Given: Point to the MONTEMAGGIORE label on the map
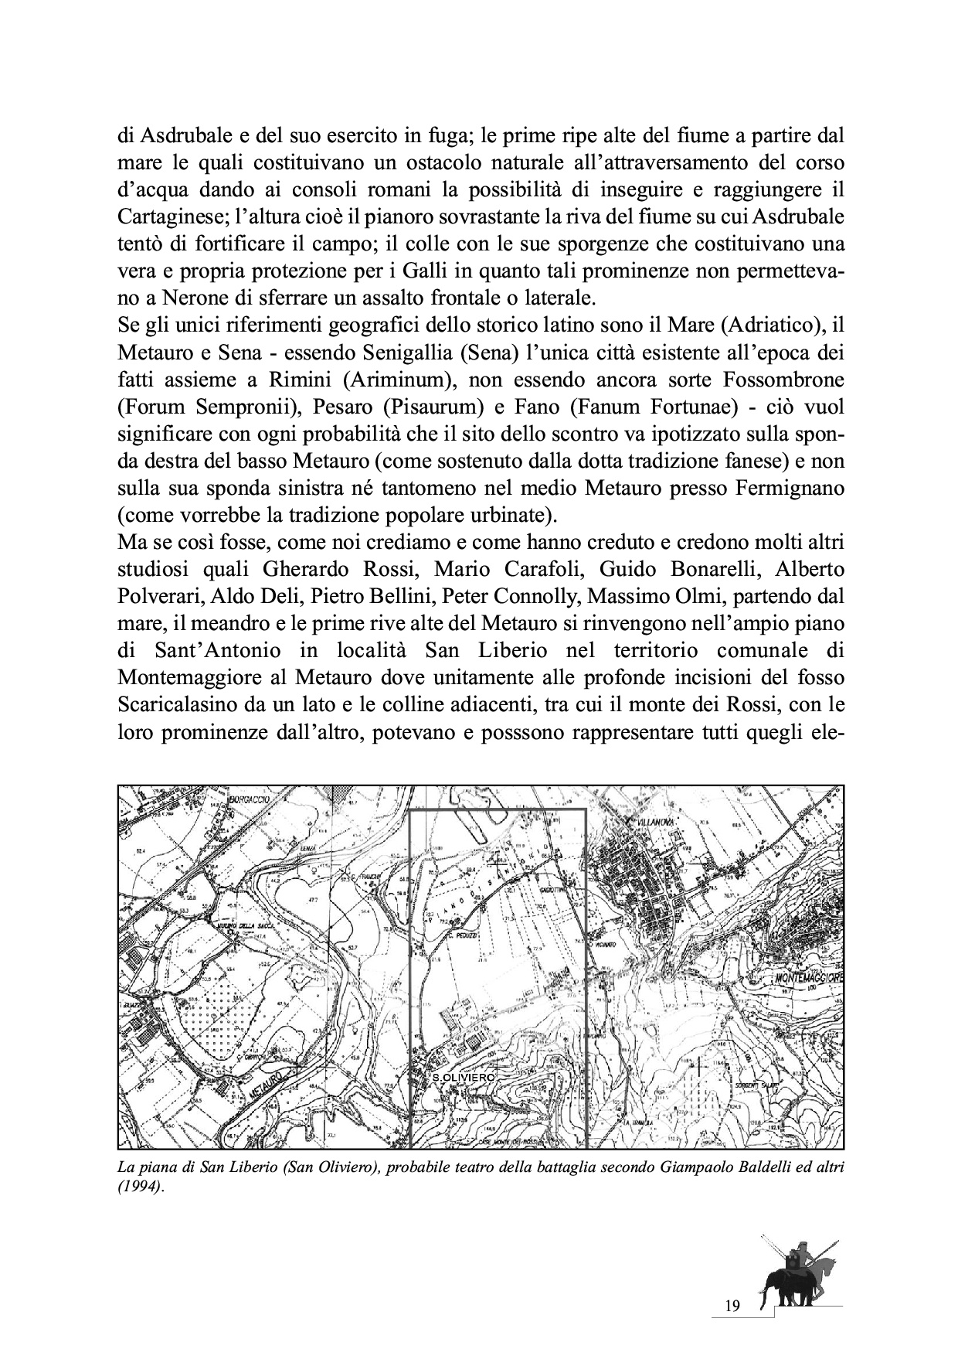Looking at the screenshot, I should click(808, 978).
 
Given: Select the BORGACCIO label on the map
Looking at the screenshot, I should click(249, 799).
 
